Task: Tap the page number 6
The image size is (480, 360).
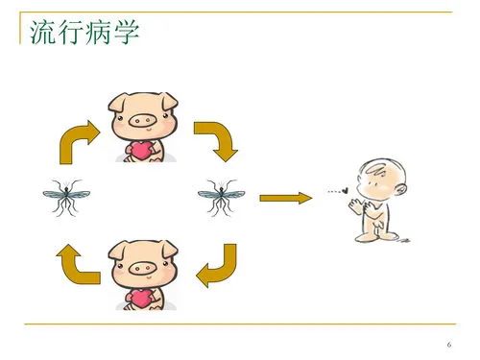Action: click(448, 346)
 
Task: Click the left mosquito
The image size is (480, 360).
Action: click(65, 198)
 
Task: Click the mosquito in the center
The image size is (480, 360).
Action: click(220, 198)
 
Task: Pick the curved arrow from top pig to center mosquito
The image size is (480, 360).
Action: click(212, 139)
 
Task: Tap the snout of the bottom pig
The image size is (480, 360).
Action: click(141, 268)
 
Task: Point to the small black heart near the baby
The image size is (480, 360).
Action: click(346, 191)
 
